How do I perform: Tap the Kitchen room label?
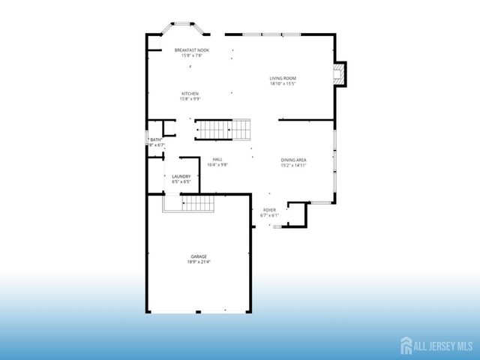pos(189,94)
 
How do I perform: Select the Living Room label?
pos(283,78)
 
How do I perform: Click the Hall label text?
pos(217,159)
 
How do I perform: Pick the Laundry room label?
pos(181,176)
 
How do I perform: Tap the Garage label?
pos(198,256)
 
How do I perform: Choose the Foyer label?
pos(269,211)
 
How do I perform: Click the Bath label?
pos(156,139)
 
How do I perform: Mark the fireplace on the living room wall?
pos(341,73)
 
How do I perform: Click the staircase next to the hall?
pos(223,130)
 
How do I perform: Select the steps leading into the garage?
pos(196,202)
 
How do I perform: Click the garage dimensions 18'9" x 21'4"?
pos(198,262)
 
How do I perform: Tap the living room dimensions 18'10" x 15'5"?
pos(283,84)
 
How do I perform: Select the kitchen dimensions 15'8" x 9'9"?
pos(189,99)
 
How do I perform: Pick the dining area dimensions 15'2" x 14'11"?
pos(294,165)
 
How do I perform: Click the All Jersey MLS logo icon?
pos(406,344)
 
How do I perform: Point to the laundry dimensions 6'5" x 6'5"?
pos(181,181)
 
